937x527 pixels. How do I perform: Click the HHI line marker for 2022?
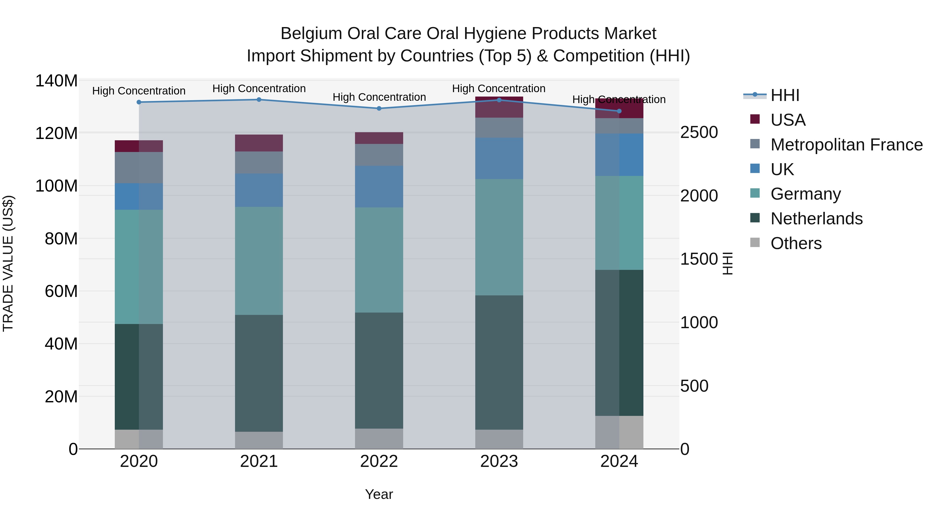(x=379, y=108)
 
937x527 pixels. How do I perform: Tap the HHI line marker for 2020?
(x=139, y=102)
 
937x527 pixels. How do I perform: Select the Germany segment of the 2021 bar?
(x=259, y=261)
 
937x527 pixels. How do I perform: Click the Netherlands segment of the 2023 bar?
(x=499, y=362)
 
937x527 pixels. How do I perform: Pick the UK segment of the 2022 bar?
(x=379, y=187)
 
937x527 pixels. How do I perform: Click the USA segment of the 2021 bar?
(x=259, y=143)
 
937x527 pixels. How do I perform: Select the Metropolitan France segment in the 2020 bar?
(x=139, y=168)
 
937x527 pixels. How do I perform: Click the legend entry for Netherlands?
(x=816, y=219)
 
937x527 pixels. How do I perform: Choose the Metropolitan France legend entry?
(x=846, y=145)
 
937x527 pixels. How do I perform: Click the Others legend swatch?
(x=755, y=243)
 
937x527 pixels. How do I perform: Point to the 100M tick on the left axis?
(x=56, y=186)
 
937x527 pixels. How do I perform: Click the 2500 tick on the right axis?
(x=699, y=132)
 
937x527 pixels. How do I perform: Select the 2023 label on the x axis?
(x=499, y=461)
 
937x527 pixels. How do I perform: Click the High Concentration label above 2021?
(x=259, y=88)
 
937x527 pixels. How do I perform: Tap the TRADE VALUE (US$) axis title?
(x=8, y=263)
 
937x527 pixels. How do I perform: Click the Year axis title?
(x=379, y=494)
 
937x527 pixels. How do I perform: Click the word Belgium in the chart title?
(x=311, y=34)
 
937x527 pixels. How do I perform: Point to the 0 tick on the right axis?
(x=685, y=449)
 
